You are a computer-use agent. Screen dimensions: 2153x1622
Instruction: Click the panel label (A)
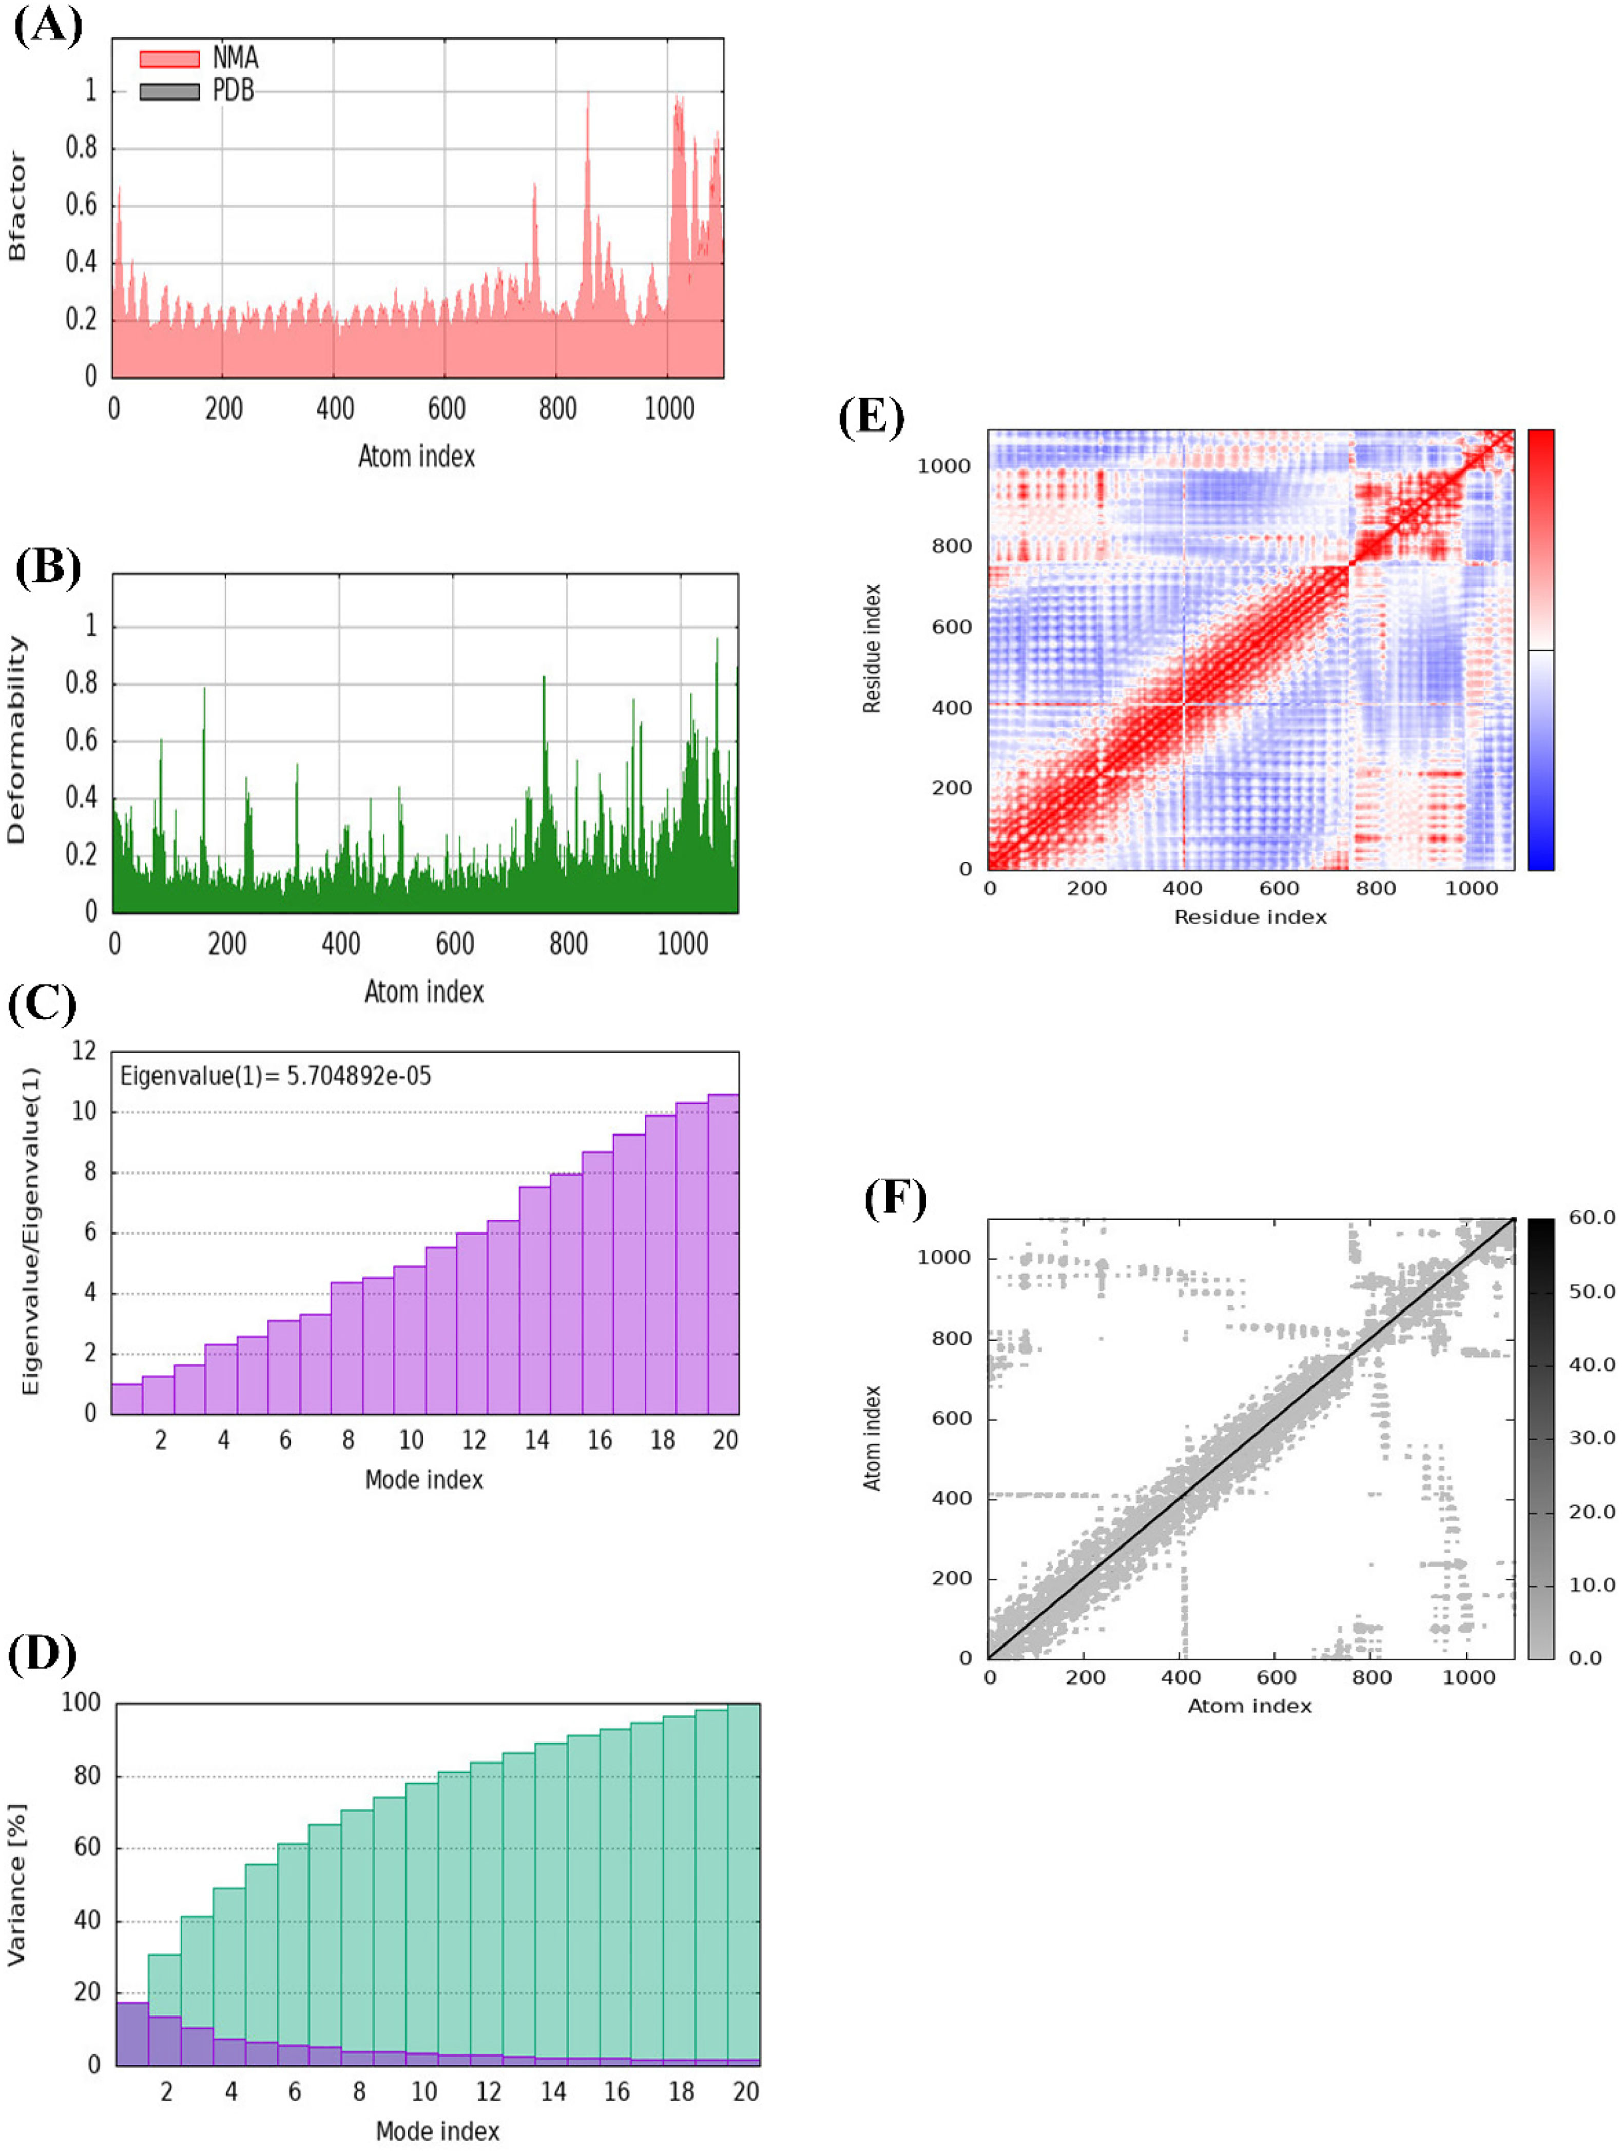point(47,25)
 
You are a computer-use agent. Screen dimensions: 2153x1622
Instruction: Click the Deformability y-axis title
point(16,740)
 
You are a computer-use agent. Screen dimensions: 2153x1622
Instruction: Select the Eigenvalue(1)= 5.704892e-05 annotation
point(275,1075)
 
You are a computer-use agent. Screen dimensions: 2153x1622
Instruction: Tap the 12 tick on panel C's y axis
point(85,1050)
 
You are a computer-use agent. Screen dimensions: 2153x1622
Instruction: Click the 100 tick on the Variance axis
point(81,1702)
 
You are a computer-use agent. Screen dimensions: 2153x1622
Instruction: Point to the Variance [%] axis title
point(16,1885)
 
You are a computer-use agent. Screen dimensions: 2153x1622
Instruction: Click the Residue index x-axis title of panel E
point(1249,917)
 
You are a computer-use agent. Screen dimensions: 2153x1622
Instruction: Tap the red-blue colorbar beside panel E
point(1540,649)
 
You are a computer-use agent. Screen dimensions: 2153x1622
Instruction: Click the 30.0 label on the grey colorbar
point(1591,1438)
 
